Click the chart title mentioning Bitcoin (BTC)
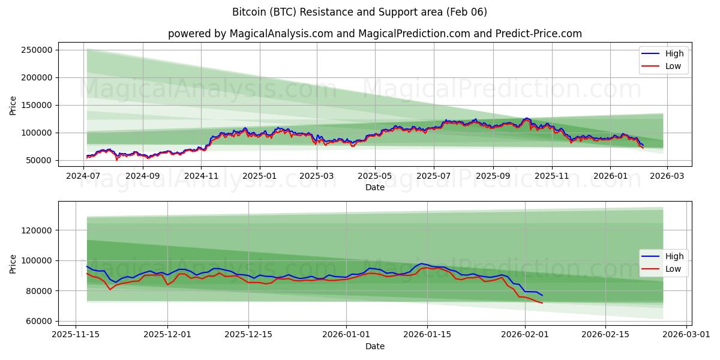[359, 12]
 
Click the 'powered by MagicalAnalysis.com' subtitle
[374, 34]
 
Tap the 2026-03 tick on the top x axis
[668, 176]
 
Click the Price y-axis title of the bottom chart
[13, 263]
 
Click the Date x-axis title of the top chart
[374, 187]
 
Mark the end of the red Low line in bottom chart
[542, 303]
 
